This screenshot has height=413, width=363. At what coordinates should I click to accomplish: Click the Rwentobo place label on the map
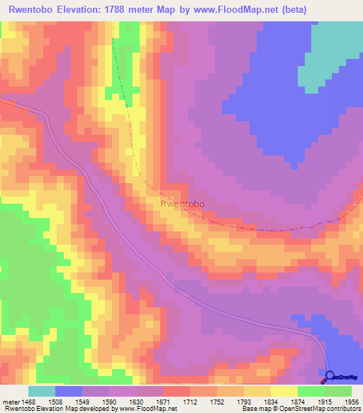pyautogui.click(x=183, y=204)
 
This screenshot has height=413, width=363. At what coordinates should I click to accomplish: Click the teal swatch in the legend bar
pyautogui.click(x=41, y=391)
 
